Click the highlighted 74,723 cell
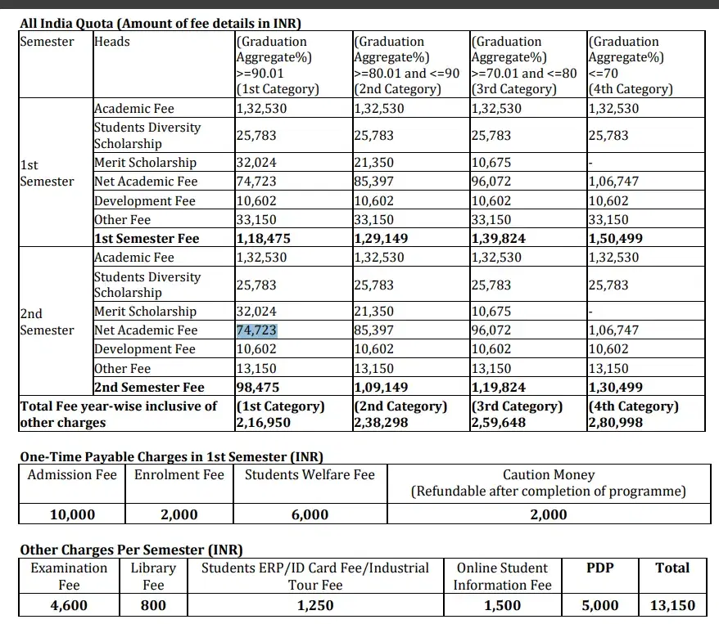coord(256,330)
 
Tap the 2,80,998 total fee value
coord(616,423)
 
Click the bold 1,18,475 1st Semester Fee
coord(264,239)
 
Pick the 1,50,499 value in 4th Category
coord(616,239)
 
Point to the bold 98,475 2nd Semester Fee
coord(259,388)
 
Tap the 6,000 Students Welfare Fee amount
coord(310,514)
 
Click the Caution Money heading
coord(549,474)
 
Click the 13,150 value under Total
coord(672,606)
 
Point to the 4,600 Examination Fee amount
coord(69,606)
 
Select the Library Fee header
coord(153,576)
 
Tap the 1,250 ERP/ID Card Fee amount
coord(315,606)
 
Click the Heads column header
coord(112,42)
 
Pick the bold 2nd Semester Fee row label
coord(149,388)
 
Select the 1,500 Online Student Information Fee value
coord(502,606)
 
